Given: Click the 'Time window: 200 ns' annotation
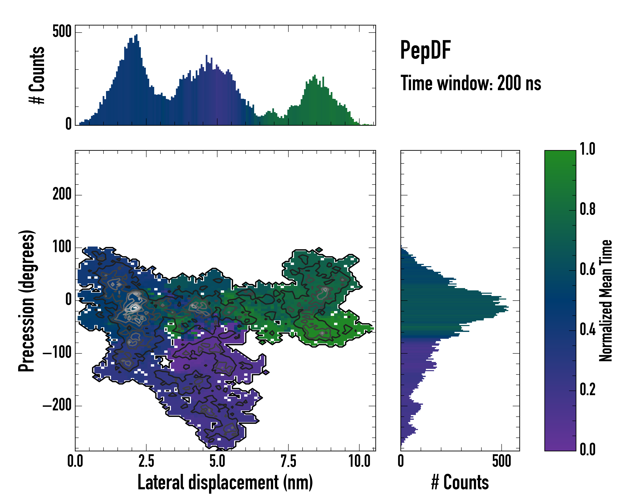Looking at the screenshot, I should [471, 83].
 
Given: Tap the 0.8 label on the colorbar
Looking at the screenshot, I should [587, 209].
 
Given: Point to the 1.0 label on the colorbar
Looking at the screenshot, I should [587, 149].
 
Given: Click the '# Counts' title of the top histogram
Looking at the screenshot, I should [37, 75].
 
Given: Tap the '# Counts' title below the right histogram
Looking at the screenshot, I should [460, 482].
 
